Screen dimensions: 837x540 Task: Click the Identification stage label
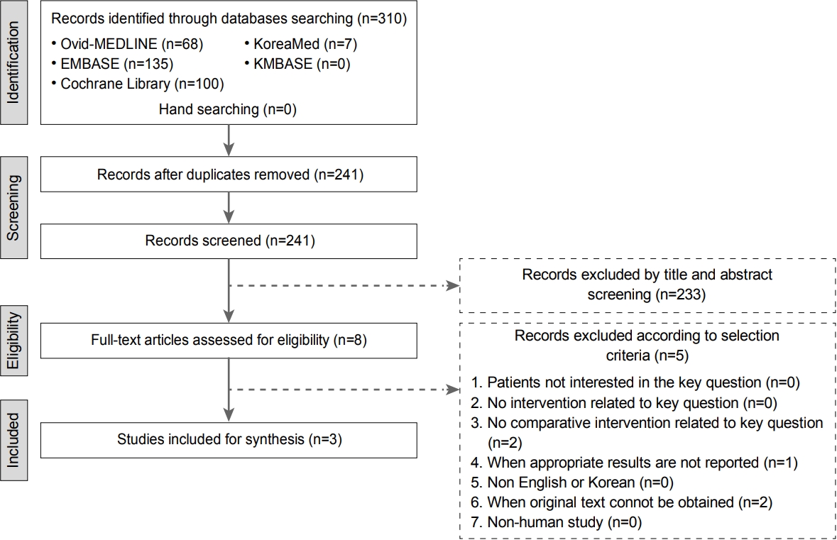coord(13,62)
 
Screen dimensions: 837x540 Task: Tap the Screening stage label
coord(13,208)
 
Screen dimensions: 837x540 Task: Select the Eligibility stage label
coord(13,341)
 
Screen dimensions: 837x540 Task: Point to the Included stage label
coord(13,440)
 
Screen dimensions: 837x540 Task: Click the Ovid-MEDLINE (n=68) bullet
coord(128,44)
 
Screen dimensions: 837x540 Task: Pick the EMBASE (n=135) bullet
coord(113,64)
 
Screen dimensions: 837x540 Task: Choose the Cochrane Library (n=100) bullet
coord(138,84)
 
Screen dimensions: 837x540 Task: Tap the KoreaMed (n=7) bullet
coord(301,44)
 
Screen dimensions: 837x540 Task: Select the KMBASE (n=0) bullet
coord(297,64)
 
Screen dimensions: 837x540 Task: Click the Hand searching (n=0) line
coord(228,109)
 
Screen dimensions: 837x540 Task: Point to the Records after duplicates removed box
coord(229,175)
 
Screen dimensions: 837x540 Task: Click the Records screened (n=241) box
coord(229,241)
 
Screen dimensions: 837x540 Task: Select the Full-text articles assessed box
coord(229,341)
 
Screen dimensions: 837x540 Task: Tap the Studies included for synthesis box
coord(229,440)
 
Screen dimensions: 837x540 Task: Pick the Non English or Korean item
coord(572,483)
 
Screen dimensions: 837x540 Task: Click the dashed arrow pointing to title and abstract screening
coord(344,286)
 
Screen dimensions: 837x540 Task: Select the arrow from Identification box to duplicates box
coord(229,140)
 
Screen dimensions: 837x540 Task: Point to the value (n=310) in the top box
coord(382,18)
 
